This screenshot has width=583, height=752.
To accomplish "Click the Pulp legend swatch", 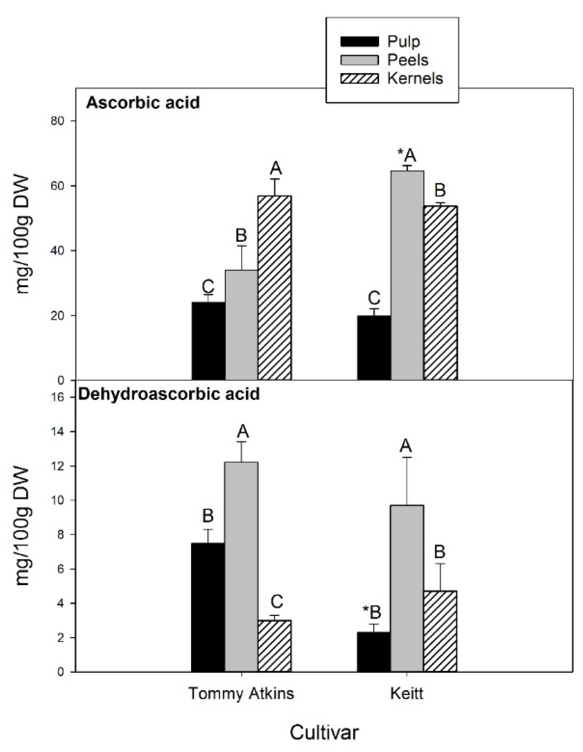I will [359, 42].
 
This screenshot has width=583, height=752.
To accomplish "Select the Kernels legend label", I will [415, 78].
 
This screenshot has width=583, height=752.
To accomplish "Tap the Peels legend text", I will [408, 60].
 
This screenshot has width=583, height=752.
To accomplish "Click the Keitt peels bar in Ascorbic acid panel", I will [407, 275].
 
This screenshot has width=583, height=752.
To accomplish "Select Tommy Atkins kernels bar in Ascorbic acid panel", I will [275, 288].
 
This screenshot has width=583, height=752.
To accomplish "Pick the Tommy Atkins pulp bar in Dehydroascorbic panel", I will [208, 607].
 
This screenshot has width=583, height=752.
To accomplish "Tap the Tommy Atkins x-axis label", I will [241, 693].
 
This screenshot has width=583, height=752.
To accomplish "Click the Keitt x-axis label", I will [407, 693].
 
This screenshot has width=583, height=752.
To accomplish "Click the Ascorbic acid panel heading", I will [143, 103].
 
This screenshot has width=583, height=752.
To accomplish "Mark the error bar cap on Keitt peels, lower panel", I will [407, 458].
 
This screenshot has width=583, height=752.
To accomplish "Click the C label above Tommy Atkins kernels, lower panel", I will [276, 602].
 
